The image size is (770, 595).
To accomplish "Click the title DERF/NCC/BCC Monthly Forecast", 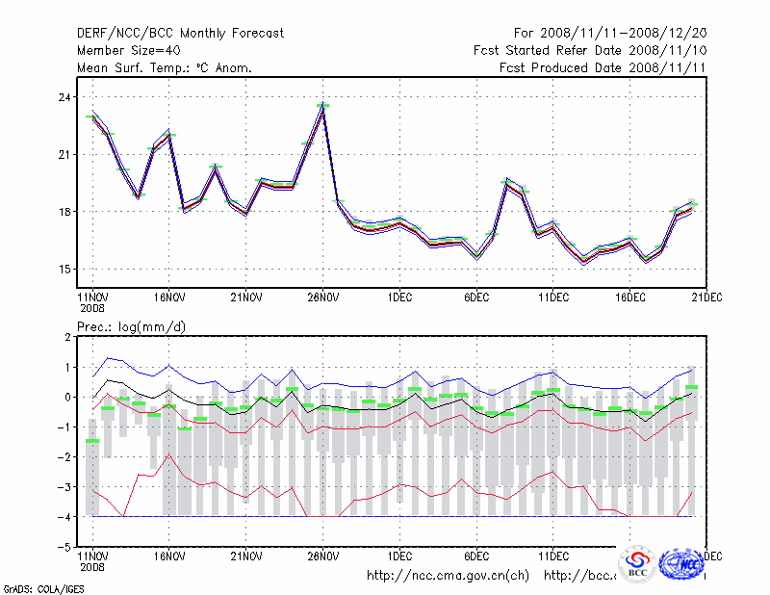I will [180, 33].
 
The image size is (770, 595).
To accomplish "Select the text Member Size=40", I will [125, 50].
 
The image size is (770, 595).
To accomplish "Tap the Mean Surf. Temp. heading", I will [165, 67].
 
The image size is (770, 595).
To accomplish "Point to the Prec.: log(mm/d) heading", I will [131, 327].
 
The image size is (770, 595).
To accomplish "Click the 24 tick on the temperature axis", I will [64, 97].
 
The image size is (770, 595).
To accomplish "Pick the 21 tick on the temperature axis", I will [64, 155].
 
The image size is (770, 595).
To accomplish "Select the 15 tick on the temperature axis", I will [64, 269].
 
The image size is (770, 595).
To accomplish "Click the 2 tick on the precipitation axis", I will [67, 337].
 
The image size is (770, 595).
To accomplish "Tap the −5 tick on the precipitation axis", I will [64, 546].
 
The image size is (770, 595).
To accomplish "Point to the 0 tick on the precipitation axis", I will [67, 397].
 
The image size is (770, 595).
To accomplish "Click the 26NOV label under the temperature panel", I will [322, 298].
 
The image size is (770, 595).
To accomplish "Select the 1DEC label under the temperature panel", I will [399, 298].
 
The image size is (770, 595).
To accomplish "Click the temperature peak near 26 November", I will [323, 106].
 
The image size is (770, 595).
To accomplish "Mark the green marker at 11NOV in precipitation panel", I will [92, 440].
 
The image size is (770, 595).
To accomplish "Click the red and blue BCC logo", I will [636, 564].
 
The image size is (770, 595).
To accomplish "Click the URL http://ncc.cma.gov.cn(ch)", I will [449, 576].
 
